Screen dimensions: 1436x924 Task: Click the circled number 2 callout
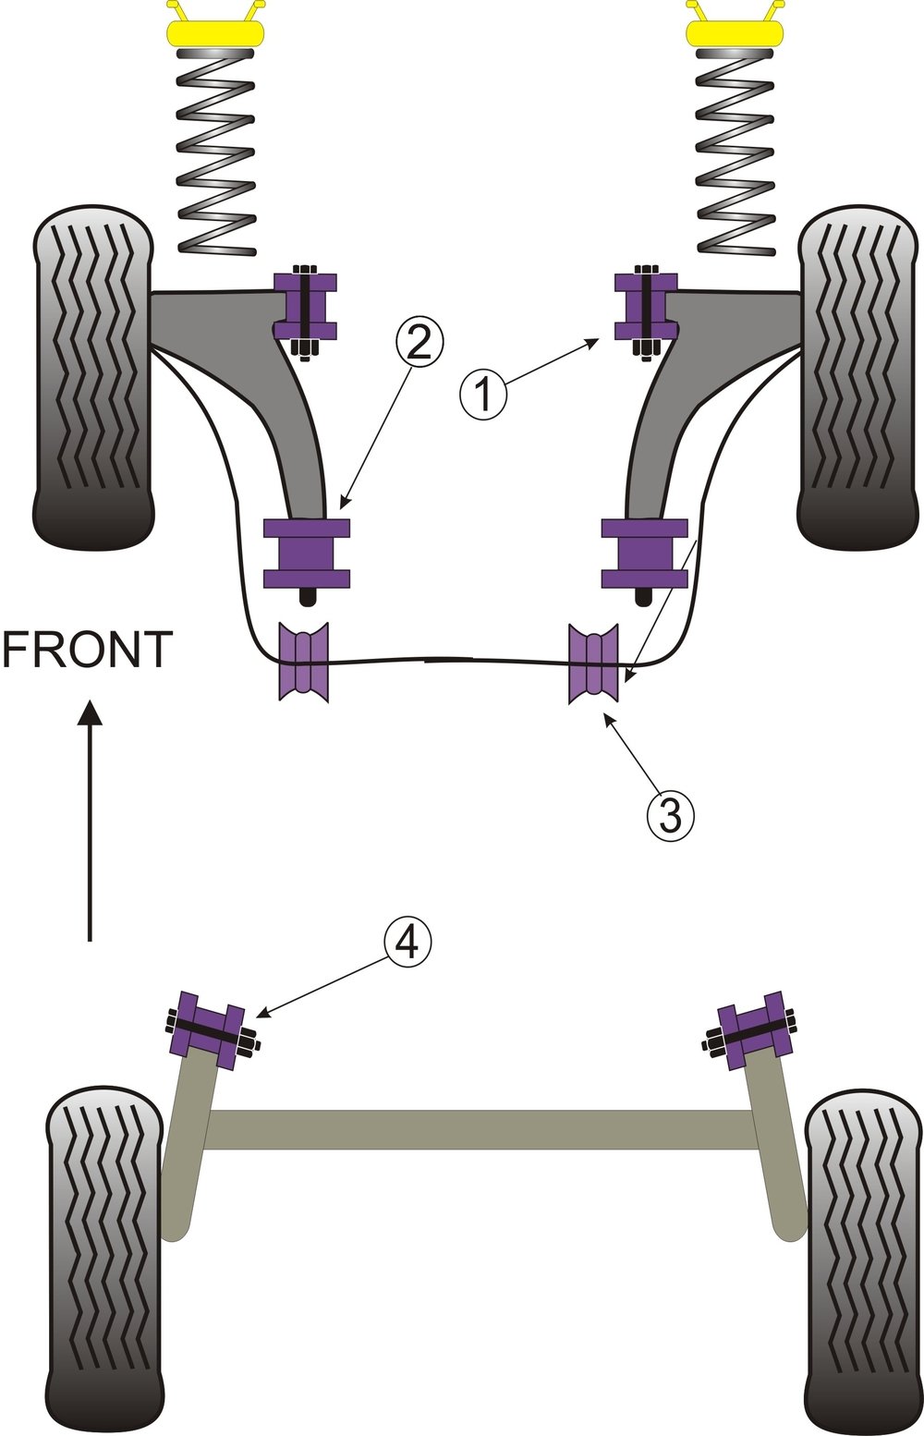[419, 342]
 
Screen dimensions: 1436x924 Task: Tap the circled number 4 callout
[407, 943]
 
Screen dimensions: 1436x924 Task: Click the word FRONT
[88, 650]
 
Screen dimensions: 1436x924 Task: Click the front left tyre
[92, 377]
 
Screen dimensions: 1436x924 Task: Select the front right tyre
[857, 377]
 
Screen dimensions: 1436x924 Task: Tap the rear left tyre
[104, 1259]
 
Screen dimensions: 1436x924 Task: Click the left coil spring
[215, 152]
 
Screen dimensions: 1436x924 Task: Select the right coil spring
[735, 152]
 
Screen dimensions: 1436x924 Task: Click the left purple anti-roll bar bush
[303, 662]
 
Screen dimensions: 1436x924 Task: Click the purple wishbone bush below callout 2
[307, 554]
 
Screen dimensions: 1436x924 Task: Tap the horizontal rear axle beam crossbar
[480, 1129]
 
